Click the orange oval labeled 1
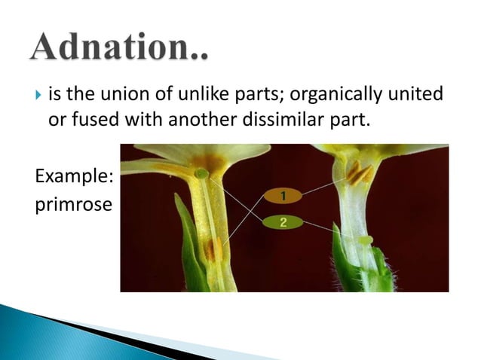pos(282,196)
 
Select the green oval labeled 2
pos(282,222)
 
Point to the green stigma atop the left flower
pos(202,174)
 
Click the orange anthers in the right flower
pos(360,174)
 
